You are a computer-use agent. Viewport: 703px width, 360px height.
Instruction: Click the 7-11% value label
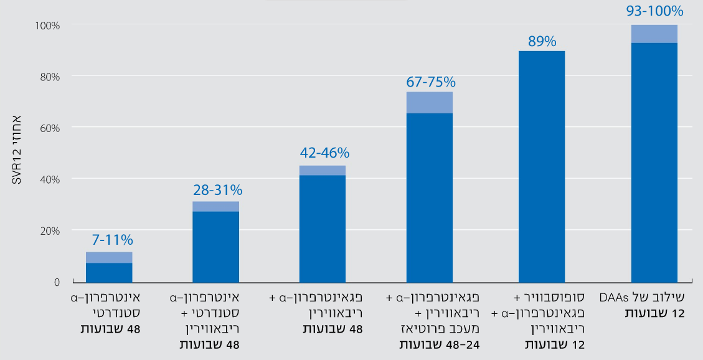pos(109,240)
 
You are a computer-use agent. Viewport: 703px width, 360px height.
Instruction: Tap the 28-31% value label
pos(215,189)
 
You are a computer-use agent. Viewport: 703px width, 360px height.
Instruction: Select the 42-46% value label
pos(323,153)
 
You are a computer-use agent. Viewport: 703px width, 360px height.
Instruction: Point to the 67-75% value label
pos(430,82)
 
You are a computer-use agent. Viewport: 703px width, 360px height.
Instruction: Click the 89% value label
pos(542,42)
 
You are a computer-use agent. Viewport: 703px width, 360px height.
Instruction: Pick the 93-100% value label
pos(654,11)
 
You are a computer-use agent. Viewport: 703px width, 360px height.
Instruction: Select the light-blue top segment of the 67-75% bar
pos(430,102)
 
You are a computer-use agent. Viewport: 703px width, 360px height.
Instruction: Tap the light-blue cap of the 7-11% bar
pos(109,257)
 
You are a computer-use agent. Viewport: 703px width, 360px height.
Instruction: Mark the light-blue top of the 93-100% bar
pos(654,34)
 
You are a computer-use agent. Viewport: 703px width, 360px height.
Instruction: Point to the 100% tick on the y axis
pos(47,26)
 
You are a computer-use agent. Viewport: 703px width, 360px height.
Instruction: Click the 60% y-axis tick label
pos(50,128)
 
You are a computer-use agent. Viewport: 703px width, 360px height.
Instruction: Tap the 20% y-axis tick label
pos(50,230)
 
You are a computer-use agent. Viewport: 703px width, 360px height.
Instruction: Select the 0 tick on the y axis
pos(57,282)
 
